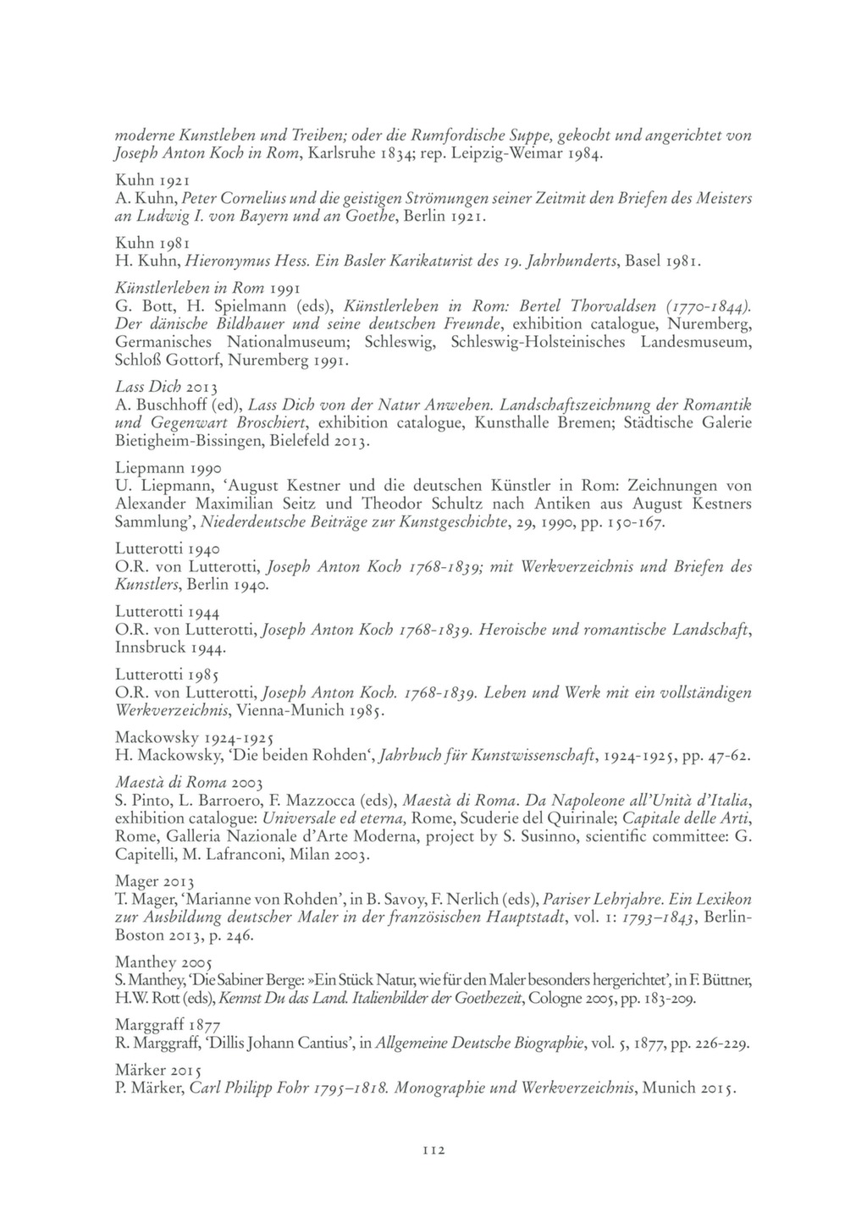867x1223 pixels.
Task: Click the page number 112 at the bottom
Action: point(433,1149)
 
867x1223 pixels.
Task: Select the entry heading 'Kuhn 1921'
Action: point(152,180)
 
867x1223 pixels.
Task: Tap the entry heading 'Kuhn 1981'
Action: point(152,243)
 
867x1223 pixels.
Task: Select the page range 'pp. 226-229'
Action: point(710,1044)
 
